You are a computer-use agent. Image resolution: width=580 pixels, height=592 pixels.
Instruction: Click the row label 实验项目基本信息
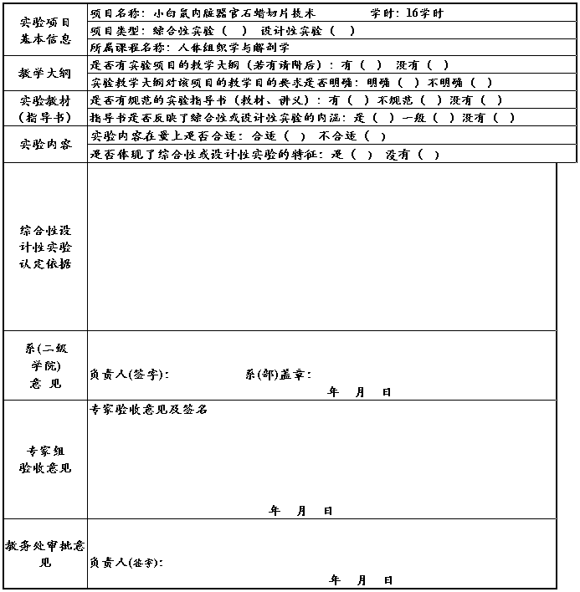pyautogui.click(x=45, y=29)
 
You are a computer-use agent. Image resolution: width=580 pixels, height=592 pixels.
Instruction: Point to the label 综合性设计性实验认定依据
pyautogui.click(x=45, y=247)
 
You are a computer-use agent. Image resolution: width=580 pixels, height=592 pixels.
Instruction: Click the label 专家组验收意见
pyautogui.click(x=45, y=459)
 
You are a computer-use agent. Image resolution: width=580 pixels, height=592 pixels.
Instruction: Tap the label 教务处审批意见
pyautogui.click(x=45, y=554)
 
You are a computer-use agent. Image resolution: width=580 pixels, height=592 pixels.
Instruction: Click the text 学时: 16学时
pyautogui.click(x=407, y=13)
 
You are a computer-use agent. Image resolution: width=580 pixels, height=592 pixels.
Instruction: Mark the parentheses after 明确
pyautogui.click(x=408, y=83)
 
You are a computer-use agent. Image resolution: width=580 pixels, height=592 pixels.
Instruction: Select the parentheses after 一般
pyautogui.click(x=446, y=117)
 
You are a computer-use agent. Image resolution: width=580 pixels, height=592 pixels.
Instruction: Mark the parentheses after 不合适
pyautogui.click(x=374, y=136)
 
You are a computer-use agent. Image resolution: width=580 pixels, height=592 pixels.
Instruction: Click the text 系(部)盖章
pyautogui.click(x=278, y=375)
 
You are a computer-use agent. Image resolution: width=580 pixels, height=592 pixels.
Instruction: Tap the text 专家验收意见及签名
pyautogui.click(x=149, y=410)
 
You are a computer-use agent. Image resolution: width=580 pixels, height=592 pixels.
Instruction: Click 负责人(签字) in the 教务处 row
pyautogui.click(x=126, y=563)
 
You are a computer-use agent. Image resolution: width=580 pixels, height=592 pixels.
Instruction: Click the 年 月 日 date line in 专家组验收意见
pyautogui.click(x=301, y=510)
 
